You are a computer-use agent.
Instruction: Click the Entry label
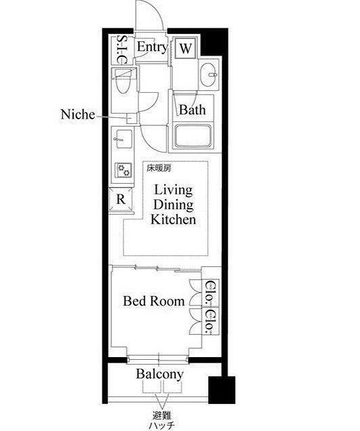point(153,47)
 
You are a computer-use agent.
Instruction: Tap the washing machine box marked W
point(186,48)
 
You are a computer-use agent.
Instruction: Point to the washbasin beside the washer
point(207,75)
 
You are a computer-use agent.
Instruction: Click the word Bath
point(193,110)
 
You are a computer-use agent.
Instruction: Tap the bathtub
point(193,137)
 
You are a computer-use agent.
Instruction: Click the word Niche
point(77,115)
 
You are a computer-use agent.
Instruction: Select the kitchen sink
point(123,139)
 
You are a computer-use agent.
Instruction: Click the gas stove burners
point(123,170)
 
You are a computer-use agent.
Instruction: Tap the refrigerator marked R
point(121,199)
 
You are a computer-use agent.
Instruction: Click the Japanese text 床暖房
point(159,168)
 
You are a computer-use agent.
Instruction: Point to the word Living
point(174,190)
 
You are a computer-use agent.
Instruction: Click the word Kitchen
point(174,220)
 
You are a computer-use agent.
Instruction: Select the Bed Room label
point(154,301)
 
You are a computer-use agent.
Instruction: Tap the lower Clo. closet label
point(211,321)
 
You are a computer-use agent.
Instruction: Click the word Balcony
point(160,374)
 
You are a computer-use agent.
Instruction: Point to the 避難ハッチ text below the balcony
point(162,420)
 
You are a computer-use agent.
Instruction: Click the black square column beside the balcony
point(222,390)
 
